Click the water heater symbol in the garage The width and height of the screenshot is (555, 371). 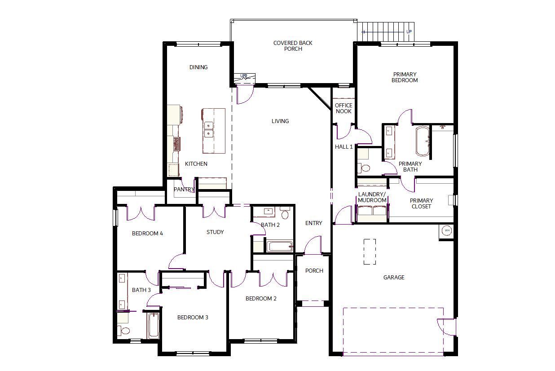point(447,230)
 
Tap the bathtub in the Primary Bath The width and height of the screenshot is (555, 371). point(423,141)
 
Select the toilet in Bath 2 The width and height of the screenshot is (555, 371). point(285,214)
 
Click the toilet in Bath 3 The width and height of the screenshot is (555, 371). point(123,331)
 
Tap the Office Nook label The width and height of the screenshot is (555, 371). point(344,108)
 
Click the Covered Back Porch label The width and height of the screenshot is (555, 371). point(293,46)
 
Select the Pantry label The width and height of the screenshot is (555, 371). point(184,190)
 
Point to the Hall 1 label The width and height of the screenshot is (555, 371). point(344,147)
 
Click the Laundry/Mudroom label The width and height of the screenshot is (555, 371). point(372,197)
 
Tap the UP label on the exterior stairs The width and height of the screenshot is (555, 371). point(409,32)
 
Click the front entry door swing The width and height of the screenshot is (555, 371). point(313,245)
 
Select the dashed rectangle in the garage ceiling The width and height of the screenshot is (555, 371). point(370,252)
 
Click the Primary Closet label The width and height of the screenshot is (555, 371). point(421,203)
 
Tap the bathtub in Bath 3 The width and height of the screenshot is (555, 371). point(153,326)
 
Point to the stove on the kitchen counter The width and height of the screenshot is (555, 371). point(176,144)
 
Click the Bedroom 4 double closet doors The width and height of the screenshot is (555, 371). point(141,213)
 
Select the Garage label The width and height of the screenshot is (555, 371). point(394,277)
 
